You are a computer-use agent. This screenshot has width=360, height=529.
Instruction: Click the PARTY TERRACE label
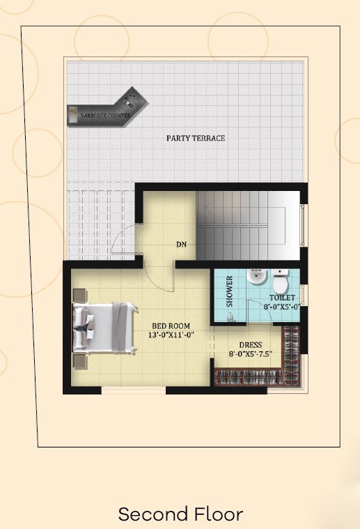[196, 138]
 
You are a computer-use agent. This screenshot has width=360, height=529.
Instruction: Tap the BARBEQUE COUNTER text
[106, 116]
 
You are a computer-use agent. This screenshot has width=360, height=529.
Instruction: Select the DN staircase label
[181, 244]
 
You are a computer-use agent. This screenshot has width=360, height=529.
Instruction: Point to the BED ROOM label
[171, 326]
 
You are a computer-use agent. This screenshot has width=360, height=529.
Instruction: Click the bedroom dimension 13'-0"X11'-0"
[171, 335]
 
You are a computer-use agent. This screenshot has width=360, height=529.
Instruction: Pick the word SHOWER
[230, 291]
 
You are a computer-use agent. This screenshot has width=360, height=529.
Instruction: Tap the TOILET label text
[282, 298]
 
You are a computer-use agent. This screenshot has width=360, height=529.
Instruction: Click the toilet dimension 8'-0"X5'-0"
[282, 307]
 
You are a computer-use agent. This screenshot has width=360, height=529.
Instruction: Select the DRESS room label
[251, 345]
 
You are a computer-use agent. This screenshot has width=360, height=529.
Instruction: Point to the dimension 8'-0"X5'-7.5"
[251, 354]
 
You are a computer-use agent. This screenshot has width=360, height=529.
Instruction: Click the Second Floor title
[180, 514]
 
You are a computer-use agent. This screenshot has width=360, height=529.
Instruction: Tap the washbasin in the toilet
[256, 277]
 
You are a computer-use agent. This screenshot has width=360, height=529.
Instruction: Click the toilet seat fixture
[280, 281]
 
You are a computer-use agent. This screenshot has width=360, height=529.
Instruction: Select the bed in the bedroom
[104, 328]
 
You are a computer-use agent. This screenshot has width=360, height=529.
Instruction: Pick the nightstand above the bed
[80, 296]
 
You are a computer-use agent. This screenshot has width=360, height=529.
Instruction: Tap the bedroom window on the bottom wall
[134, 390]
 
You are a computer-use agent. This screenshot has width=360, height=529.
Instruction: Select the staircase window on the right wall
[304, 224]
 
